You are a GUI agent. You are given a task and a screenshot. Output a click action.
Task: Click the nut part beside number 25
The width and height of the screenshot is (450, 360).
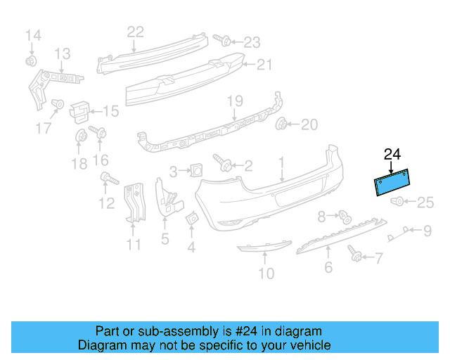pos(398,202)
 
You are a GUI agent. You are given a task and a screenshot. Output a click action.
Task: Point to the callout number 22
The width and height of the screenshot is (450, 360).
pos(135,31)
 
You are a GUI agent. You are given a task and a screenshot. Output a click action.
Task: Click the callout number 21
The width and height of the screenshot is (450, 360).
pos(264,65)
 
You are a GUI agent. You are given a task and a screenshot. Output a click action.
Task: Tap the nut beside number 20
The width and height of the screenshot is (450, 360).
pos(283,125)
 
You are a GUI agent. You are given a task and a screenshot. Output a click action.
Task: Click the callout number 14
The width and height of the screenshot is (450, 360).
pos(34,34)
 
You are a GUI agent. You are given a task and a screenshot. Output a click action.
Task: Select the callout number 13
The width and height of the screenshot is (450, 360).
pos(63,53)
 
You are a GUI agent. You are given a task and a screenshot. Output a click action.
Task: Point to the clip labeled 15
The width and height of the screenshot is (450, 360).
pos(81,109)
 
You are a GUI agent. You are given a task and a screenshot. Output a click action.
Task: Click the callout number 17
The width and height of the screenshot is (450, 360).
pos(44,128)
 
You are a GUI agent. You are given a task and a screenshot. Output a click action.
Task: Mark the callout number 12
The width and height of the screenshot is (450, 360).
pos(106,203)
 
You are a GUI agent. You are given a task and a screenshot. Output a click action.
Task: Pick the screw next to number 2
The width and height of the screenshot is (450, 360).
pos(221,163)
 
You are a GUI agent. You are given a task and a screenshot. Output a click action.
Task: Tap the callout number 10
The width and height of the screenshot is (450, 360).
pos(266,273)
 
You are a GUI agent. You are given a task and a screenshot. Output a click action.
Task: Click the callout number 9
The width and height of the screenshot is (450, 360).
pos(427,229)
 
